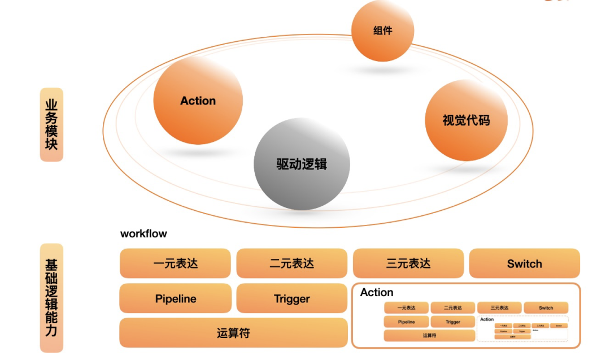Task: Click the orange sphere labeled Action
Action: [x=198, y=101]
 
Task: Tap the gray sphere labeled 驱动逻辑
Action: [x=302, y=164]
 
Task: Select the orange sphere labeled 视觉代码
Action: [x=466, y=120]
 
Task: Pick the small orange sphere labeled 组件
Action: [x=382, y=31]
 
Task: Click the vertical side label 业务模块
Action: [x=51, y=124]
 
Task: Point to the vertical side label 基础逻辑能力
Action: [x=51, y=298]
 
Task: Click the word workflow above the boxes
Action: [x=143, y=233]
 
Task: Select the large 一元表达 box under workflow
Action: [x=176, y=263]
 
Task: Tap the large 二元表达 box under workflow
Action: [x=291, y=263]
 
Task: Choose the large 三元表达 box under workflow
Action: [x=408, y=263]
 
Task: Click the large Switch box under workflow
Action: [x=524, y=263]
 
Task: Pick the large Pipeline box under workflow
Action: [x=176, y=298]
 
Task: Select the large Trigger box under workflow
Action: [x=291, y=298]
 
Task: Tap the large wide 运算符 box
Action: [x=233, y=333]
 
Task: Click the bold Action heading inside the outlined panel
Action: [x=377, y=292]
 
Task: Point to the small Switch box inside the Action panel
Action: [x=546, y=308]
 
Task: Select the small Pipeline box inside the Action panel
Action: [x=406, y=322]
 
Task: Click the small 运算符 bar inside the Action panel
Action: [x=429, y=335]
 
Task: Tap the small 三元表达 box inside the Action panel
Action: [x=499, y=308]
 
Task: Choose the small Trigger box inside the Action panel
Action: [x=453, y=322]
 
